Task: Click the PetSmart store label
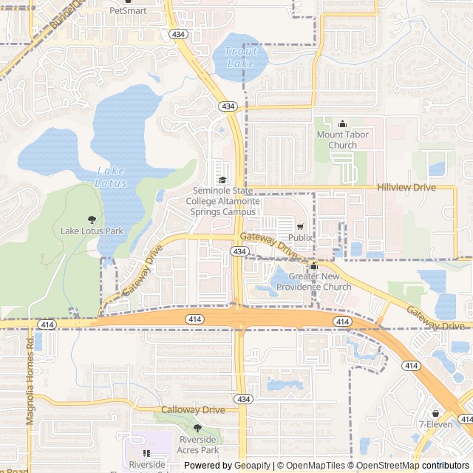[x=128, y=11]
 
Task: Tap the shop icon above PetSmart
[x=128, y=2]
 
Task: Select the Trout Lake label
[x=240, y=58]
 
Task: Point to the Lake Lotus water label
[x=112, y=177]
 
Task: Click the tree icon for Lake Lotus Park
[x=92, y=220]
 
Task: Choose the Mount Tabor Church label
[x=342, y=140]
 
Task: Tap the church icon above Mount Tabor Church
[x=342, y=124]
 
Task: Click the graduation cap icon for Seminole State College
[x=222, y=180]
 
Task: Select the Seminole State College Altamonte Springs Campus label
[x=222, y=201]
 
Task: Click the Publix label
[x=300, y=238]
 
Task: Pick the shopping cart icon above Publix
[x=300, y=227]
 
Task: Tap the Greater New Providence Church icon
[x=313, y=266]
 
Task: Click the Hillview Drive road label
[x=406, y=188]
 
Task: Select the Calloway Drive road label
[x=194, y=409]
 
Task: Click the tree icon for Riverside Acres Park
[x=197, y=428]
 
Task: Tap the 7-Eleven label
[x=435, y=424]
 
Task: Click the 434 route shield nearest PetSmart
[x=177, y=34]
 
